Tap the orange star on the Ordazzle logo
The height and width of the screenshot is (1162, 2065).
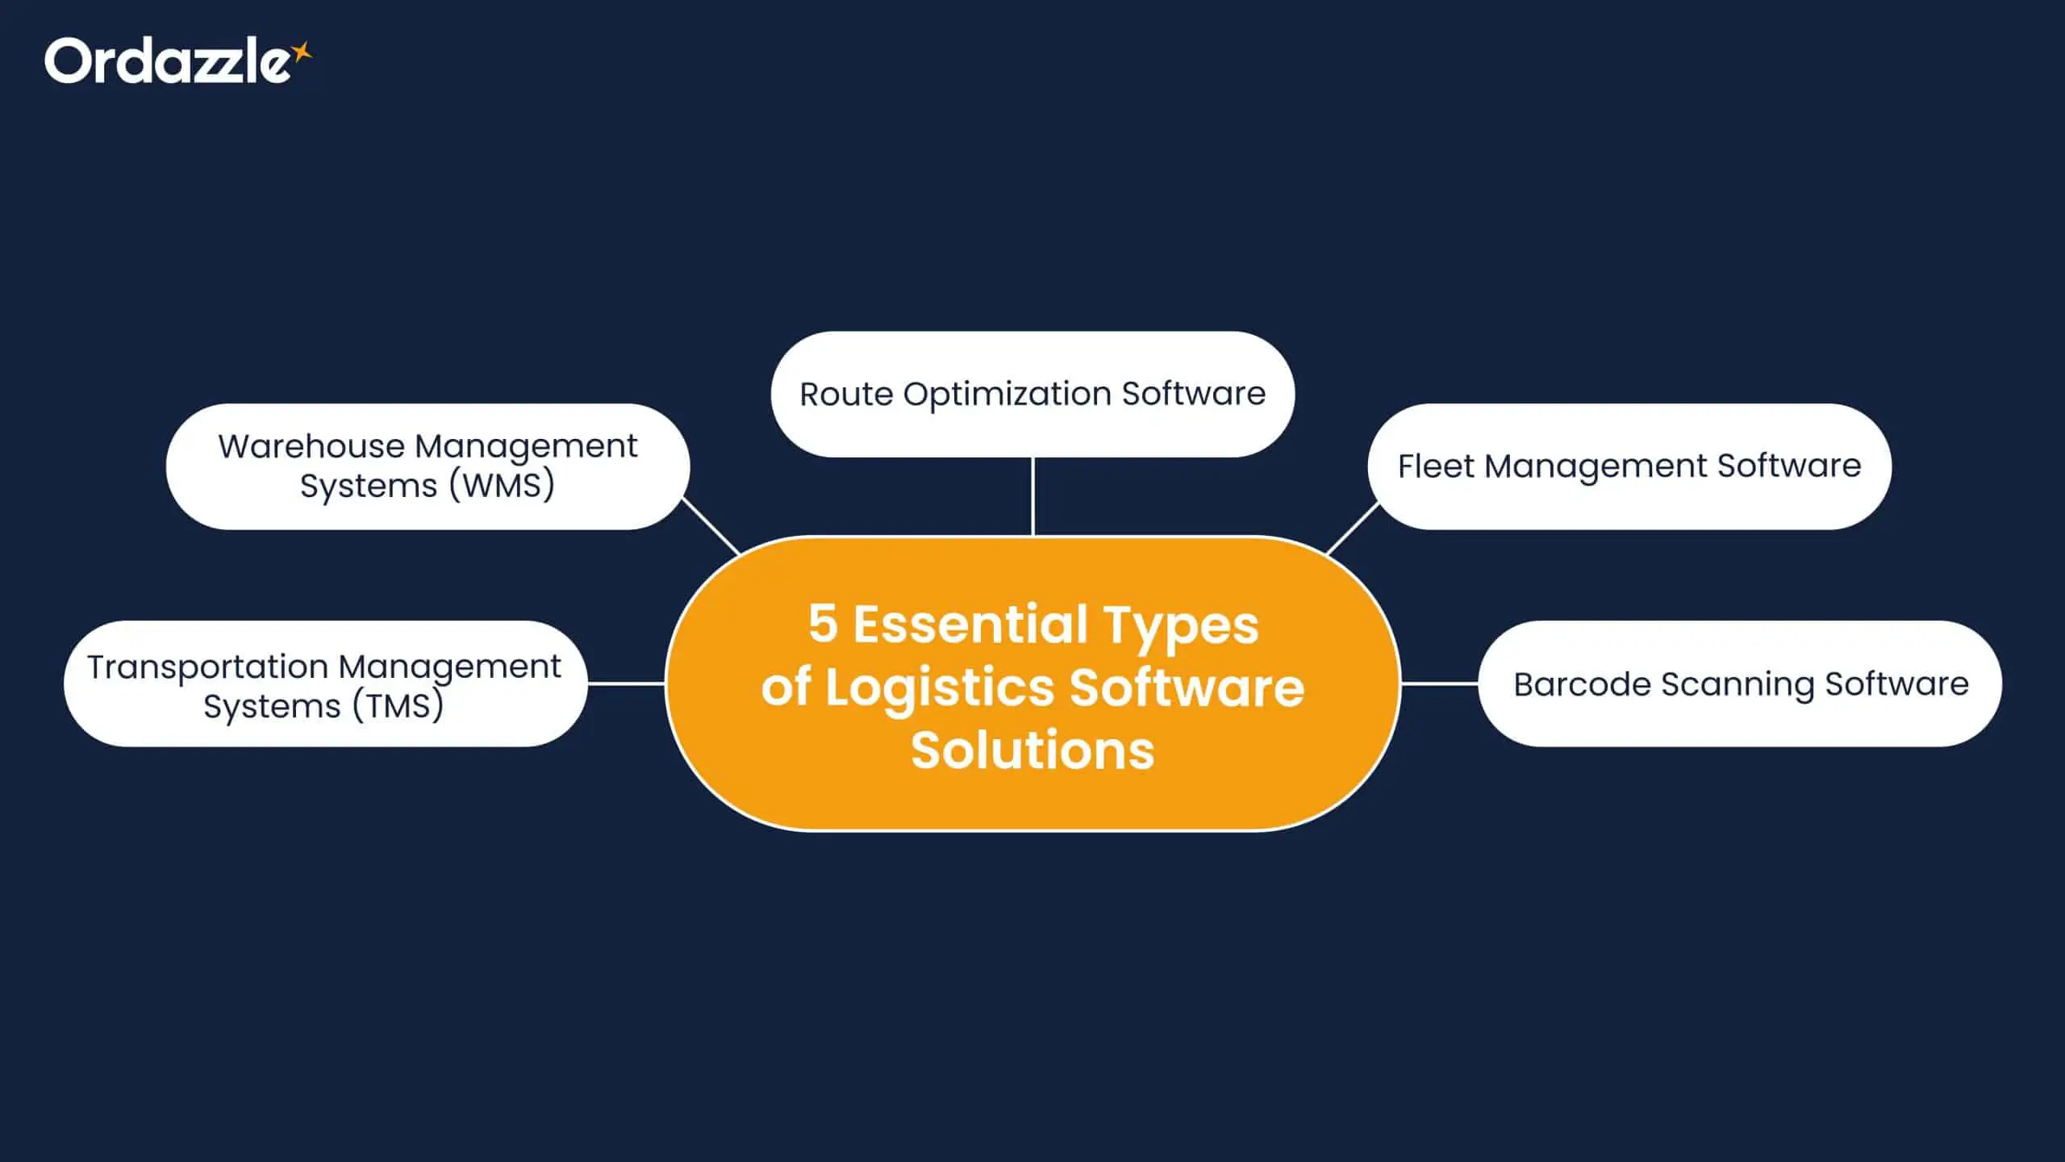pos(302,52)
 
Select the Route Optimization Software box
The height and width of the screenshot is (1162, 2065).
pos(1032,394)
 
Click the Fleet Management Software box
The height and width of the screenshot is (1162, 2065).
pos(1629,466)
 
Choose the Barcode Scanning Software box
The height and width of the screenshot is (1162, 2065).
pos(1740,683)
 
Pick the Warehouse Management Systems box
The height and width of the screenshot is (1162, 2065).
pos(428,466)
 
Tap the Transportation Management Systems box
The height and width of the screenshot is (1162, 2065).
pos(325,683)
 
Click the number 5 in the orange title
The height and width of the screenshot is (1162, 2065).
pos(823,624)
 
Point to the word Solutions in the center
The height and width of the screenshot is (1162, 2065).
pos(1032,750)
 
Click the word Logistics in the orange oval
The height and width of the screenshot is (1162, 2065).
pos(940,688)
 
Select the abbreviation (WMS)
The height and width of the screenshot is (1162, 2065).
pos(502,486)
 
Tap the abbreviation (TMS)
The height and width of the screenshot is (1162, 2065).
pos(398,705)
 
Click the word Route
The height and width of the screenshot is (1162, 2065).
pos(846,394)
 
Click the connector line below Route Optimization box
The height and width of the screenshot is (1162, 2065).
pos(1032,496)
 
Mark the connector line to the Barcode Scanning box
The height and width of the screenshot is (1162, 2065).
pos(1440,683)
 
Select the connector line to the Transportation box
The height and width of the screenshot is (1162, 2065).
pos(626,683)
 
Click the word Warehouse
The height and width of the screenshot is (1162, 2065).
pos(311,446)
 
